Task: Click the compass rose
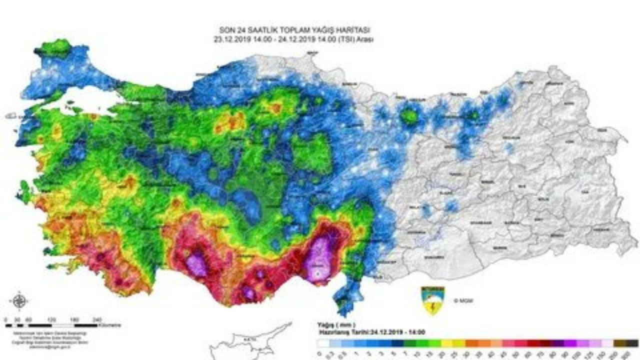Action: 19,301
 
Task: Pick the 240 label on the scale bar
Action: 97,318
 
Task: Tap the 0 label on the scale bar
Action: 5,318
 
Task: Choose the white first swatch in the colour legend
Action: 323,343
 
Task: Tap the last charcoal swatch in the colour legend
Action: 633,343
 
